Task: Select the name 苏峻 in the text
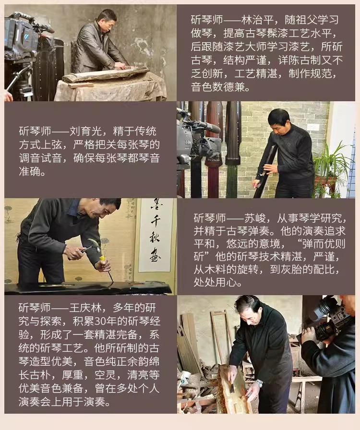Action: [255, 218]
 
